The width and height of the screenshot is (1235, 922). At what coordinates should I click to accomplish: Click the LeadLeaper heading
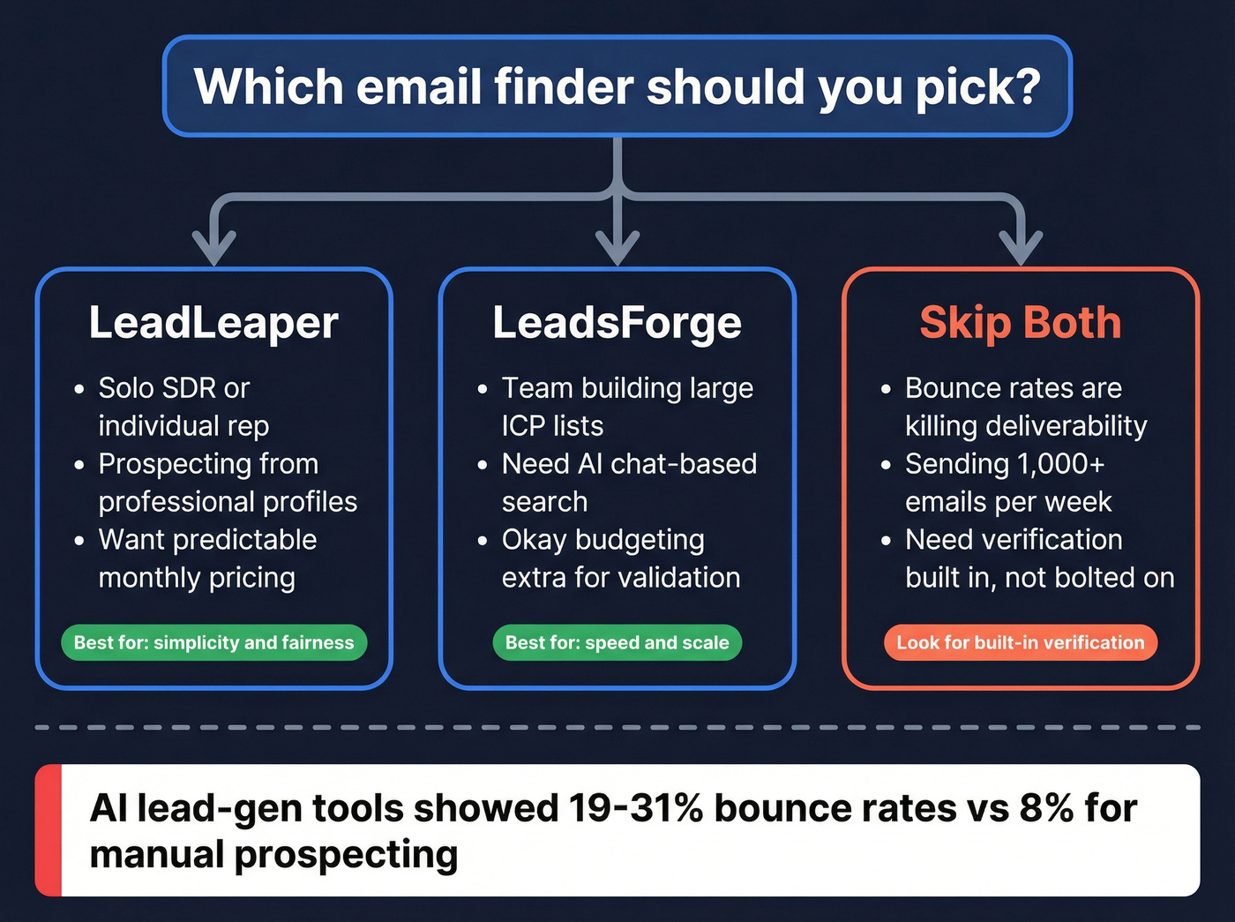click(213, 323)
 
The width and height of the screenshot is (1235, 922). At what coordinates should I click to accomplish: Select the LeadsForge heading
click(617, 323)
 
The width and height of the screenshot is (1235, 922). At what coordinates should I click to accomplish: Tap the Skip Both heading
click(1021, 323)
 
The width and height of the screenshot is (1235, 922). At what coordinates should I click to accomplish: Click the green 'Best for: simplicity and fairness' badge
click(213, 642)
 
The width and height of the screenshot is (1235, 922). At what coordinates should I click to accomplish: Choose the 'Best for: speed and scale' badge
click(617, 642)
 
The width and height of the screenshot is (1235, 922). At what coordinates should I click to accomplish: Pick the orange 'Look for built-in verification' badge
click(1021, 642)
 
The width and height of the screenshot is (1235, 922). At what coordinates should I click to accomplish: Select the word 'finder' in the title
click(564, 86)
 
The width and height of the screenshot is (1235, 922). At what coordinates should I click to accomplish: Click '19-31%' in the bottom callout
click(636, 808)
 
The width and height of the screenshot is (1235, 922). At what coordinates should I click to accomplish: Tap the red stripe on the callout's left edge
click(49, 830)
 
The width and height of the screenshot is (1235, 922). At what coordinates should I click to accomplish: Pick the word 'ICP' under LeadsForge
click(524, 426)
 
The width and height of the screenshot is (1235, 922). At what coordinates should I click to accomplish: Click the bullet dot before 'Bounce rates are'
click(886, 389)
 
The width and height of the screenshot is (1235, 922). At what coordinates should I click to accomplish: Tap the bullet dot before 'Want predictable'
click(79, 541)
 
